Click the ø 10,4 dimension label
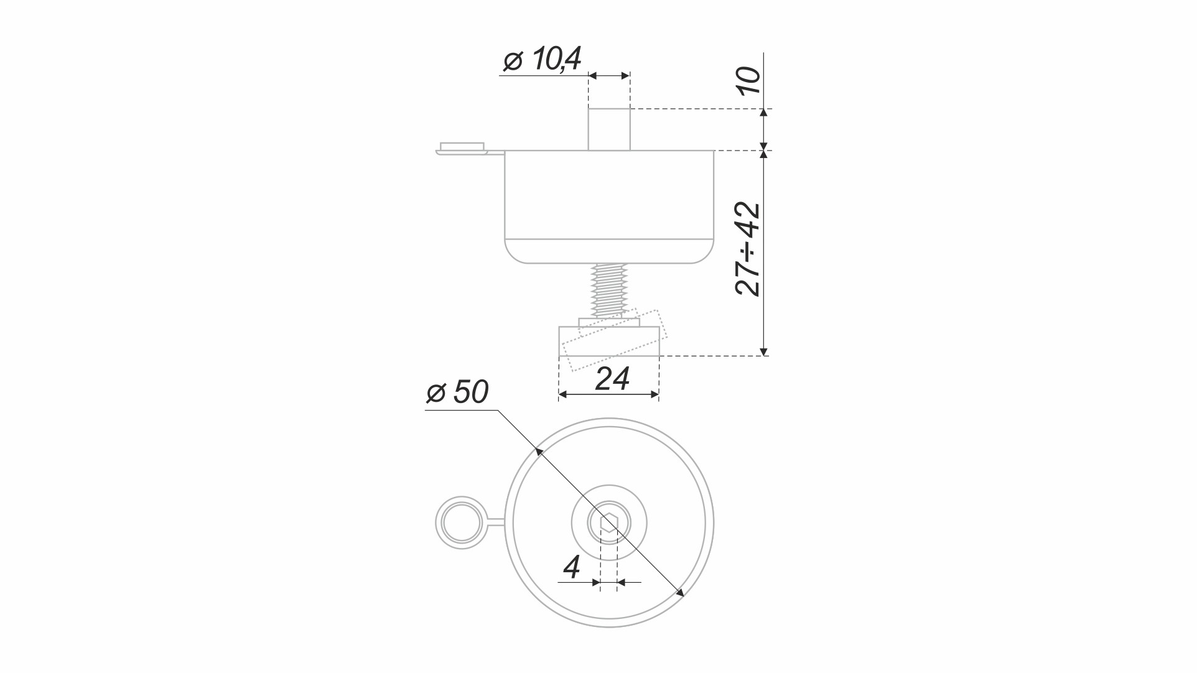point(542,60)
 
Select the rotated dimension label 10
point(748,80)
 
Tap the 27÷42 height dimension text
point(748,249)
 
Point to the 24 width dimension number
point(612,378)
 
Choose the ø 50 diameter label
point(457,392)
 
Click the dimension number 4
point(572,567)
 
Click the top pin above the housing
point(609,129)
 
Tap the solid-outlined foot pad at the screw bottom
point(609,341)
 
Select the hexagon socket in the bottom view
point(609,522)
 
